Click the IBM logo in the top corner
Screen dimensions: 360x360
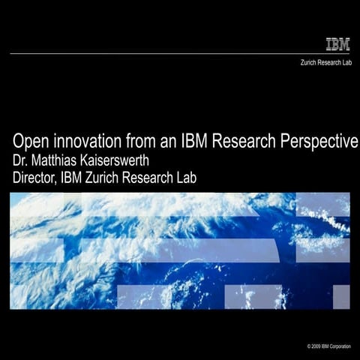point(337,43)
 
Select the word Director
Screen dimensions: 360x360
point(37,178)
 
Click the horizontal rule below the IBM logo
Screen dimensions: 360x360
point(180,54)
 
